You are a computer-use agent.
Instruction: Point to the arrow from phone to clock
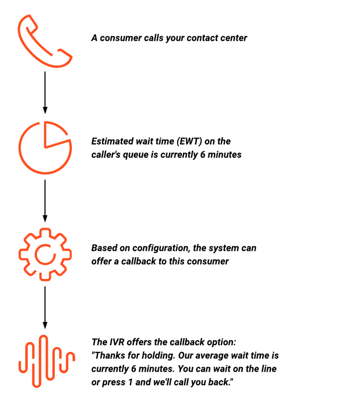[45, 92]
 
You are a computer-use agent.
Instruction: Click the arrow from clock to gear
[45, 201]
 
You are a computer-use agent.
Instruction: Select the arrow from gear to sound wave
[45, 308]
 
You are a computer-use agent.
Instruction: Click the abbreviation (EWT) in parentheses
[189, 141]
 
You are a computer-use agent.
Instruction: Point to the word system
[224, 248]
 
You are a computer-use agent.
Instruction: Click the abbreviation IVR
[117, 342]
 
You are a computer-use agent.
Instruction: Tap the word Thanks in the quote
[110, 355]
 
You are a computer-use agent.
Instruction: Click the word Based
[104, 248]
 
